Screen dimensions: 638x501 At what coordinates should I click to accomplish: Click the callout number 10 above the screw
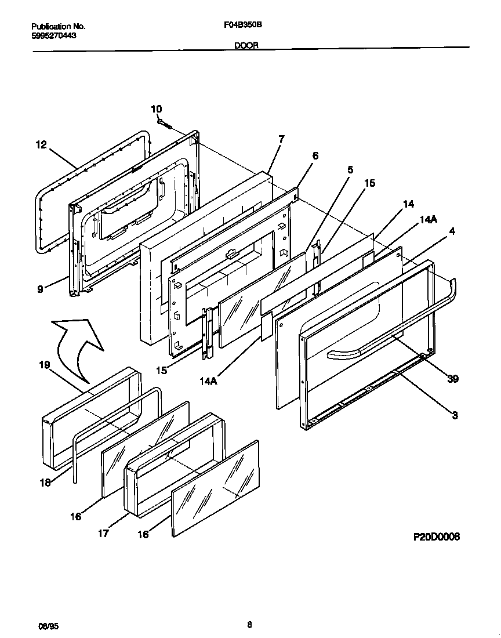[x=157, y=109]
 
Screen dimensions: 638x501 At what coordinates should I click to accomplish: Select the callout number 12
[x=41, y=145]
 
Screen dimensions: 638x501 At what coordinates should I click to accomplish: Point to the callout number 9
[x=40, y=289]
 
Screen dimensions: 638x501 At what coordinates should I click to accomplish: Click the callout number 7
[x=281, y=139]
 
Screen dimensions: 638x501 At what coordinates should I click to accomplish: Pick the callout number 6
[x=315, y=155]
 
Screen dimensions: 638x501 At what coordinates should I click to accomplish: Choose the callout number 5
[x=350, y=170]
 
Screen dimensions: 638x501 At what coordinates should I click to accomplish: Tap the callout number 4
[x=452, y=231]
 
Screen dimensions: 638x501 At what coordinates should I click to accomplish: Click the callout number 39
[x=453, y=379]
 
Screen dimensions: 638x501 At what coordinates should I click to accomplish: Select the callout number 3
[x=455, y=415]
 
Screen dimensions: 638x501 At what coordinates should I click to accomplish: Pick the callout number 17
[x=103, y=533]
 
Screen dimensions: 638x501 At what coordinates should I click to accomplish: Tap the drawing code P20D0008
[x=436, y=537]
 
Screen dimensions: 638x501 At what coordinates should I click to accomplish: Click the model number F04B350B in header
[x=244, y=26]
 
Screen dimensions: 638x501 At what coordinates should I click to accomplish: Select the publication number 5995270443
[x=54, y=35]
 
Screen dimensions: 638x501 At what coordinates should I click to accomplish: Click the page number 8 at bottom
[x=249, y=625]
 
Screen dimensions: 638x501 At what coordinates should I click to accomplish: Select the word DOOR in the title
[x=246, y=45]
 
